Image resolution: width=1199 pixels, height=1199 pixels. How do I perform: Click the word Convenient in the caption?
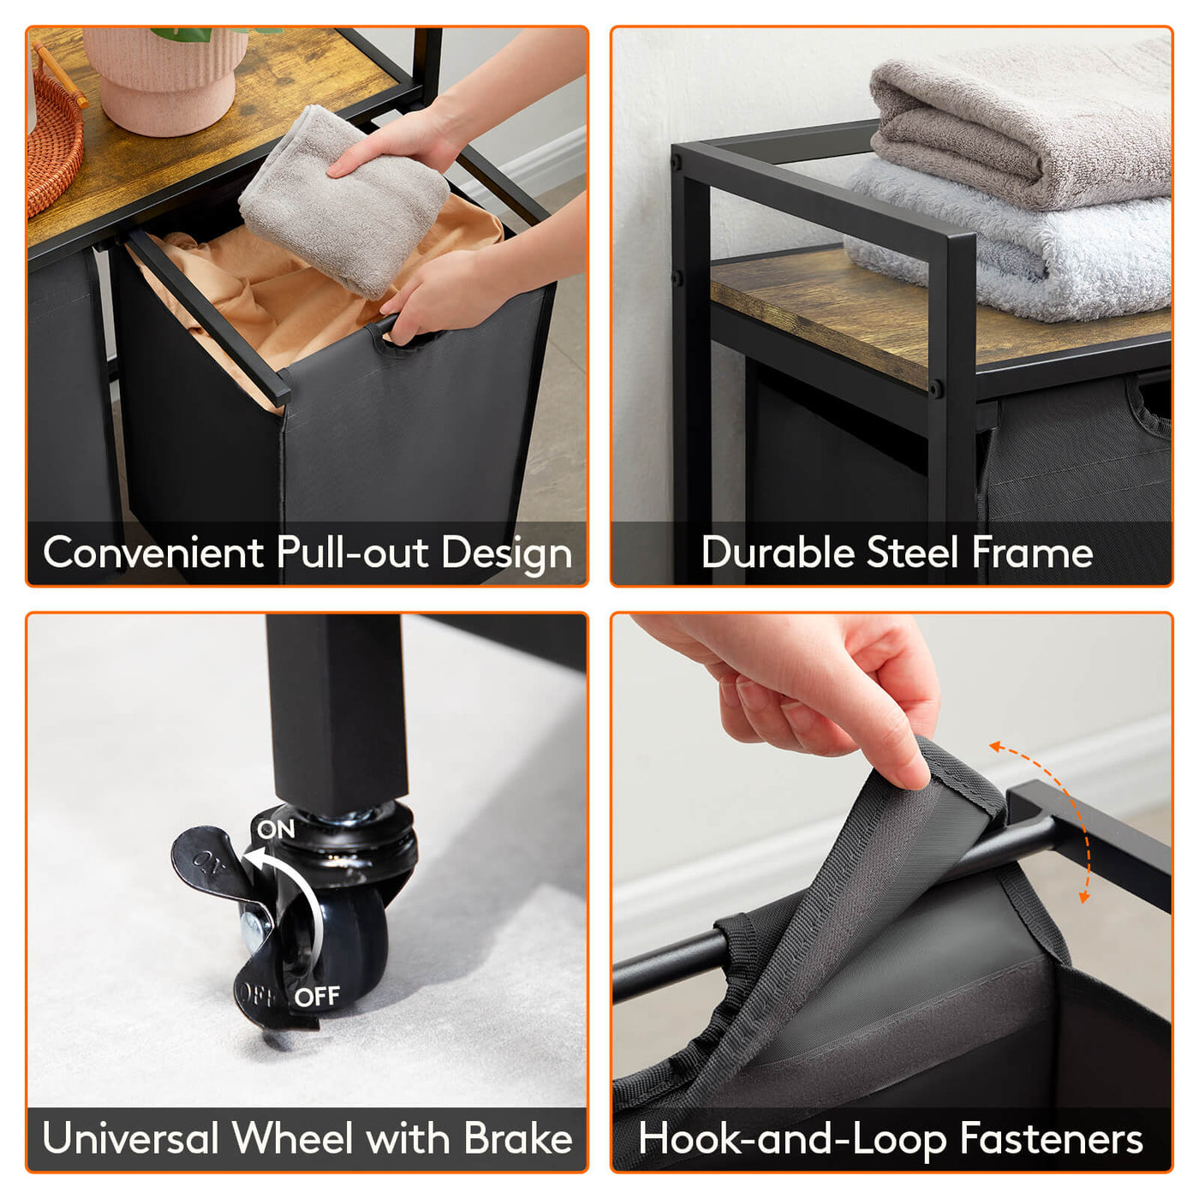[153, 552]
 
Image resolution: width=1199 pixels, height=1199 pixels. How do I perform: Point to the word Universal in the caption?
[130, 1138]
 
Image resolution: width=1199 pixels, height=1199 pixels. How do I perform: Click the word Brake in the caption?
[517, 1138]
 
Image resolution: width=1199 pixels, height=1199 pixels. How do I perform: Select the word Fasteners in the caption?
[1051, 1138]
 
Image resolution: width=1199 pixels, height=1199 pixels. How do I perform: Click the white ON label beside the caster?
[276, 829]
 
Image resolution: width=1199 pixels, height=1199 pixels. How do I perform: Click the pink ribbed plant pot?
[165, 80]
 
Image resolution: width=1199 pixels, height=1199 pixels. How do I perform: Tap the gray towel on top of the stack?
[1020, 124]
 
